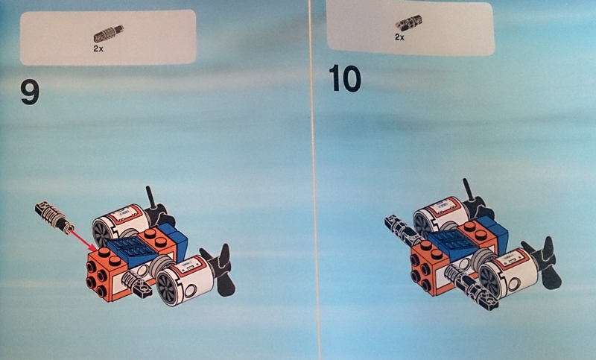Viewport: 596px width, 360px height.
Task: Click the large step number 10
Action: [x=345, y=78]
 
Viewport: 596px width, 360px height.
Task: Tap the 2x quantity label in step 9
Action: [x=98, y=48]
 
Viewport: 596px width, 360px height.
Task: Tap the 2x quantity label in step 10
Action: [x=399, y=37]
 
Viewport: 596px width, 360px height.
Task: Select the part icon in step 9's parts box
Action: [x=108, y=34]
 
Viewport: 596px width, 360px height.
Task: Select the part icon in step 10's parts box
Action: [x=408, y=23]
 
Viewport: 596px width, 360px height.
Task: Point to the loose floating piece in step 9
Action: [x=54, y=217]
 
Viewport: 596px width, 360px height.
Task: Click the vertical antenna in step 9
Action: [x=150, y=198]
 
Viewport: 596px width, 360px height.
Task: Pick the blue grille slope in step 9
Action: [x=131, y=250]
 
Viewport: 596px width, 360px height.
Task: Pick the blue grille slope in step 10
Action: [x=451, y=241]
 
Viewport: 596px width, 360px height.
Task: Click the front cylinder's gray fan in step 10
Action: [x=490, y=280]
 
